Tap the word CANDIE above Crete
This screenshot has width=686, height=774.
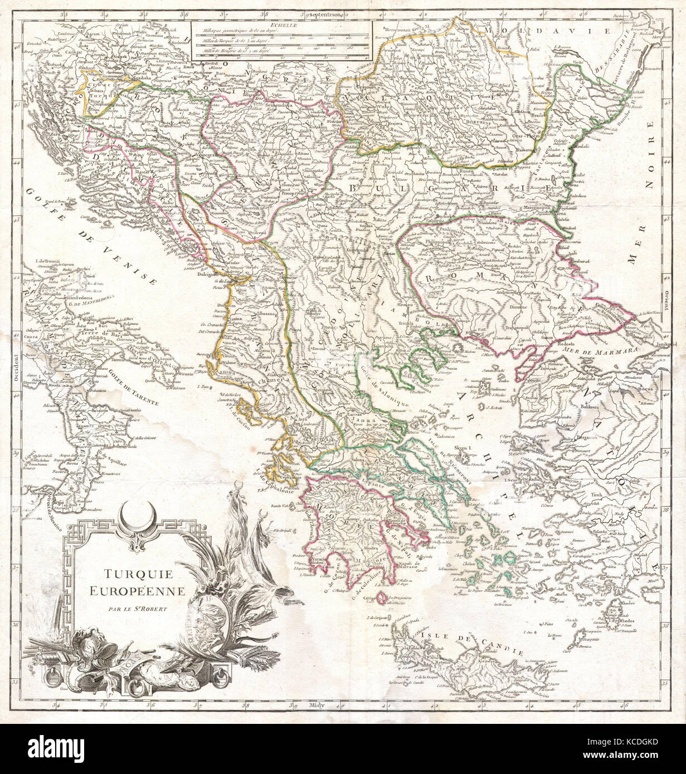click(x=505, y=649)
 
